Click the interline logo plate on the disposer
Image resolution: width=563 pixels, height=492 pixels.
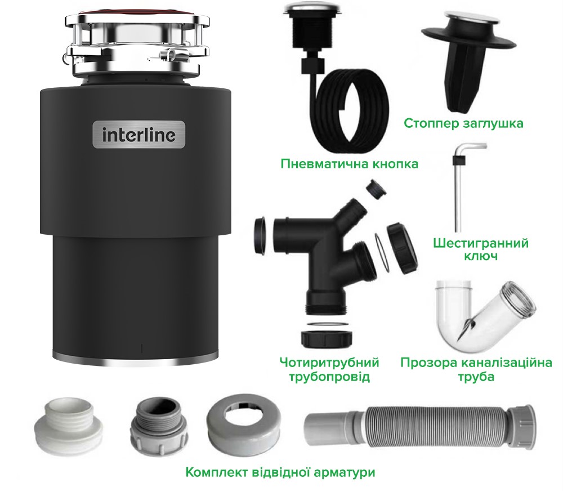coord(139,135)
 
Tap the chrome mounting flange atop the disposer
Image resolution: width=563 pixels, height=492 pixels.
coord(136,45)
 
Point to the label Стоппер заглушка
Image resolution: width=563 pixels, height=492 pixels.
coord(463,123)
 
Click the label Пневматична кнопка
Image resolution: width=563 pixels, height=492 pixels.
coord(350,164)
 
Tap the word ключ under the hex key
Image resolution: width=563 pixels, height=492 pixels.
coord(481,257)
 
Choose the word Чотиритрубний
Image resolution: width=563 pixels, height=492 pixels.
coord(329,363)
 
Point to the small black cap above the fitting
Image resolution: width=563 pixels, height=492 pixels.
coord(376,189)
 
